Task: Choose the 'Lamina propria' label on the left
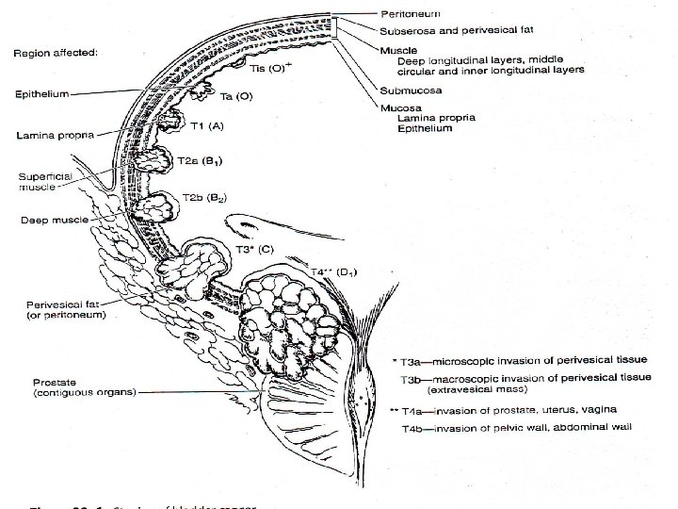coord(53,136)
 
